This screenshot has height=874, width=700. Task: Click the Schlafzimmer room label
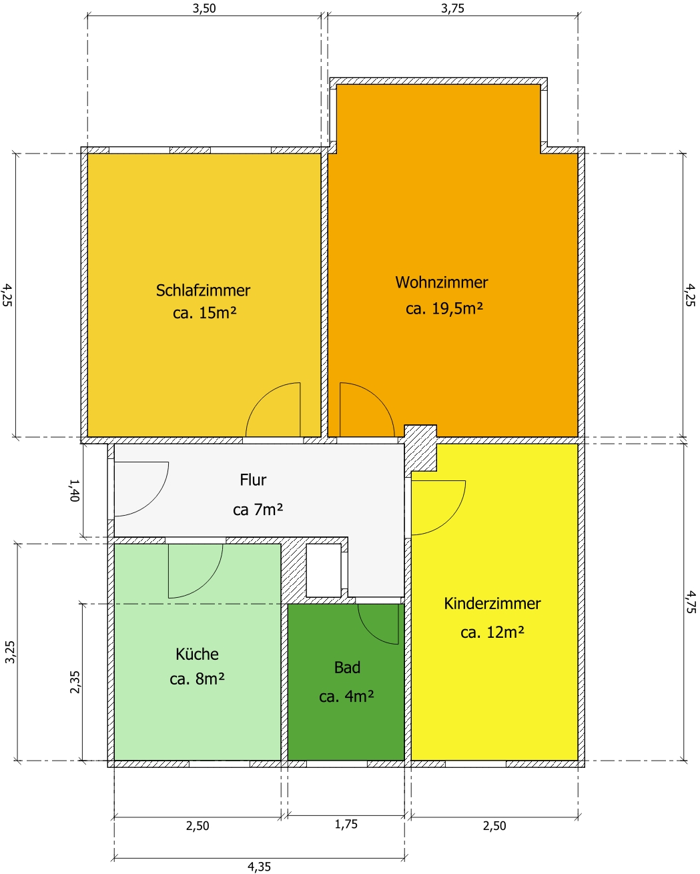[203, 290]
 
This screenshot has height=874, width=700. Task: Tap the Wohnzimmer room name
[442, 282]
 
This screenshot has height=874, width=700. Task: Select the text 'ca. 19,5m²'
[444, 308]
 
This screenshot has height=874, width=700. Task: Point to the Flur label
[253, 480]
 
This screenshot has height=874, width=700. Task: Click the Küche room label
[197, 654]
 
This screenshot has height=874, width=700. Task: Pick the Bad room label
[347, 667]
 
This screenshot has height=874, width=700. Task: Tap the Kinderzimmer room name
[492, 604]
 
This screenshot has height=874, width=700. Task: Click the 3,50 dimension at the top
[204, 8]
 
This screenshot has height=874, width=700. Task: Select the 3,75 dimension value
[452, 8]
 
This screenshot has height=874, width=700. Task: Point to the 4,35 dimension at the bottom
[259, 867]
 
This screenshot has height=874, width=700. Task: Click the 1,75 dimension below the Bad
[346, 824]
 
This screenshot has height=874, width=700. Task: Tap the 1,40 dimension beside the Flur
[75, 490]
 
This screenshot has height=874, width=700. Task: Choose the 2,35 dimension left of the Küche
[75, 682]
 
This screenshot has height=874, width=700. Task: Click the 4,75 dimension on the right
[690, 602]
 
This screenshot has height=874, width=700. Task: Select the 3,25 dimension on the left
[10, 652]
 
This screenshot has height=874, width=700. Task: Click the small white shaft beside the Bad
[324, 570]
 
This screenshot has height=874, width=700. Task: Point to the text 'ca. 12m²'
[492, 632]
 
